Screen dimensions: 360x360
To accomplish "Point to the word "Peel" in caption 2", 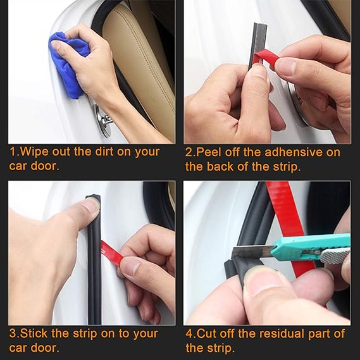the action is pos(209,152).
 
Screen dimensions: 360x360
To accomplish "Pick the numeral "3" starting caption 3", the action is pos(13,333).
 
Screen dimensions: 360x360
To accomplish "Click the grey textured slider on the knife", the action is pos(334,256).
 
